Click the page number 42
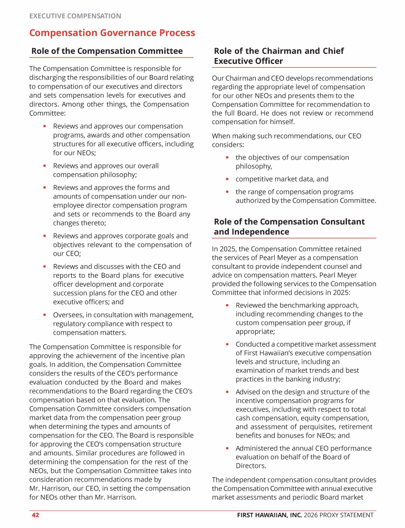point(35,515)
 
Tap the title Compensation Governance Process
point(112,33)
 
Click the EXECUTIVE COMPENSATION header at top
point(75,16)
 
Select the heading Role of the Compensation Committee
point(107,51)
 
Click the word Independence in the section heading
point(252,232)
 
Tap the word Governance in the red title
point(112,33)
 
